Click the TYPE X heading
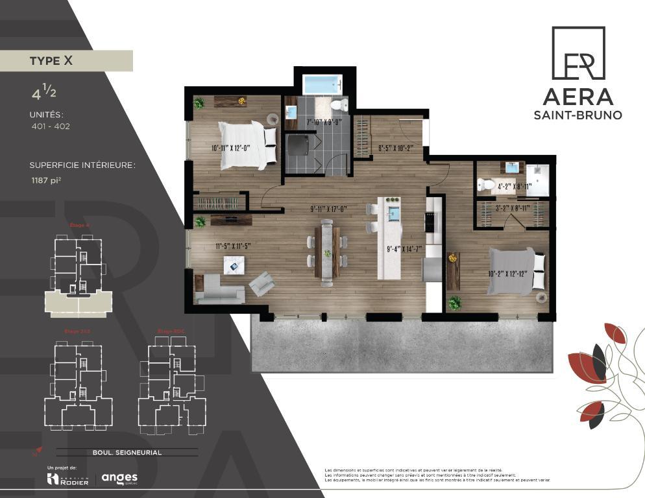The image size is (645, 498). tap(51, 61)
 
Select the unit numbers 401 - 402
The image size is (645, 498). tap(50, 126)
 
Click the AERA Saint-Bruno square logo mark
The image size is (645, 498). tap(578, 53)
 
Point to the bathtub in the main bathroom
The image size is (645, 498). tap(322, 85)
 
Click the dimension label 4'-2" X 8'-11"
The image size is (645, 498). tap(515, 186)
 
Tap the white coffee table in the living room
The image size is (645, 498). tap(234, 265)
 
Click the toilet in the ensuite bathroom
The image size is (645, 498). tap(483, 184)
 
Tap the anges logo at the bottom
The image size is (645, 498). tap(119, 479)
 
